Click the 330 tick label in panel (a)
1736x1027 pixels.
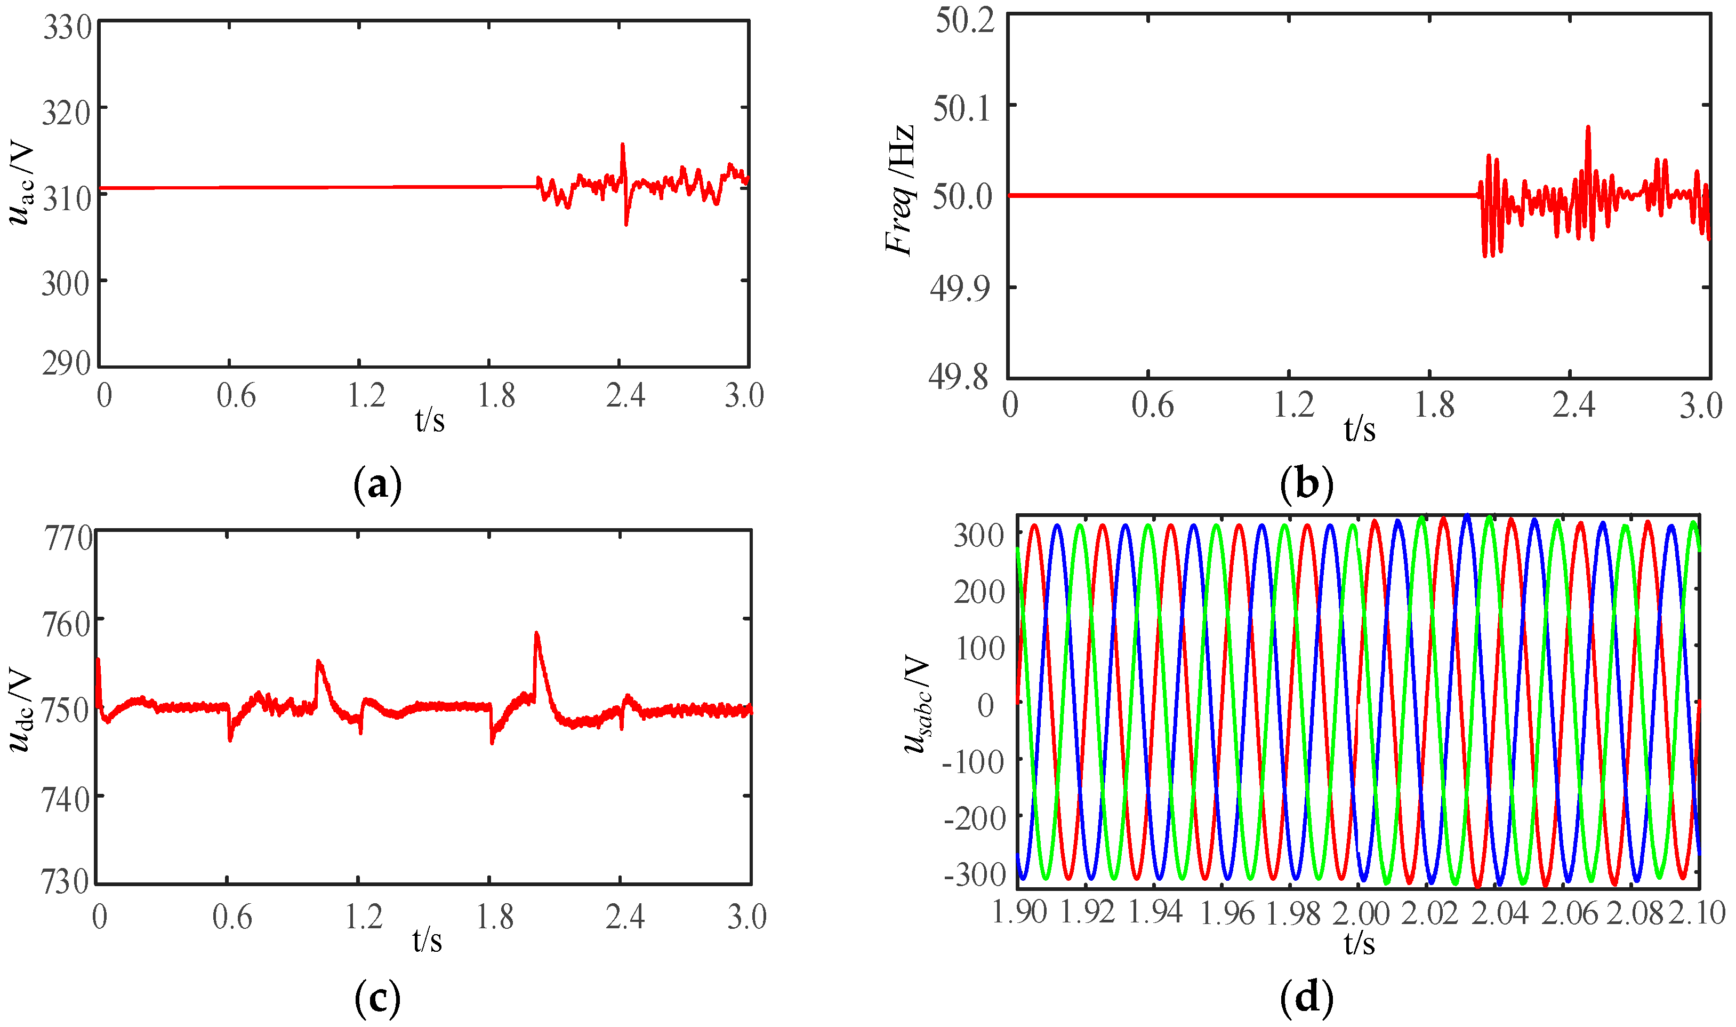[x=67, y=28]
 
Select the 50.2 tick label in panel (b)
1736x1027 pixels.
[x=965, y=20]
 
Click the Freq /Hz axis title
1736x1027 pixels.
[x=901, y=190]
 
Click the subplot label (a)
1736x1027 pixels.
[x=377, y=484]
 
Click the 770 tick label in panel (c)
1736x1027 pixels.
[x=68, y=538]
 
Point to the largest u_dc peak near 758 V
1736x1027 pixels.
[x=537, y=633]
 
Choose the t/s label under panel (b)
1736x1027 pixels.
[x=1359, y=429]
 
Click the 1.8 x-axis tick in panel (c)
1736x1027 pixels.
[x=495, y=917]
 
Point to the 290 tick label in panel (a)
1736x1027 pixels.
[x=67, y=363]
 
